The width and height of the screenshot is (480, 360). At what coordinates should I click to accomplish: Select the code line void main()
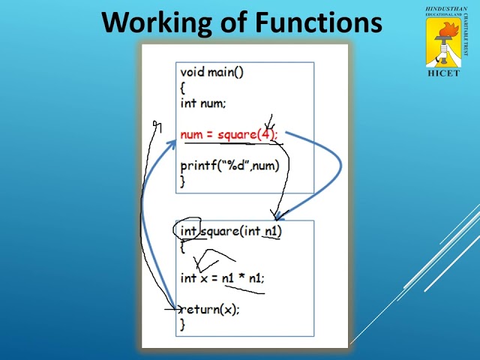pos(212,72)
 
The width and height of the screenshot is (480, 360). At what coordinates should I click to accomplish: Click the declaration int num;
pos(202,103)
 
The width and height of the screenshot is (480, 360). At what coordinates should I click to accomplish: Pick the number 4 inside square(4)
pos(267,135)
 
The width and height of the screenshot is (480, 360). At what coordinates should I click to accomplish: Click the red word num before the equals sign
pos(192,135)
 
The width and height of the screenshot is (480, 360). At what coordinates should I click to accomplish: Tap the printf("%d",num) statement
pos(234,166)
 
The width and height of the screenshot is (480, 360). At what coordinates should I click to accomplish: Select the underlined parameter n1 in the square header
pos(271,231)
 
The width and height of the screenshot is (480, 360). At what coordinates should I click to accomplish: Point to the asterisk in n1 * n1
pos(243,277)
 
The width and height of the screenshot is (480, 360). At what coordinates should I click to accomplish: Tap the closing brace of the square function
pos(182,324)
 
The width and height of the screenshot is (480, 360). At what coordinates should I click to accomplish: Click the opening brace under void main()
pos(182,88)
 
